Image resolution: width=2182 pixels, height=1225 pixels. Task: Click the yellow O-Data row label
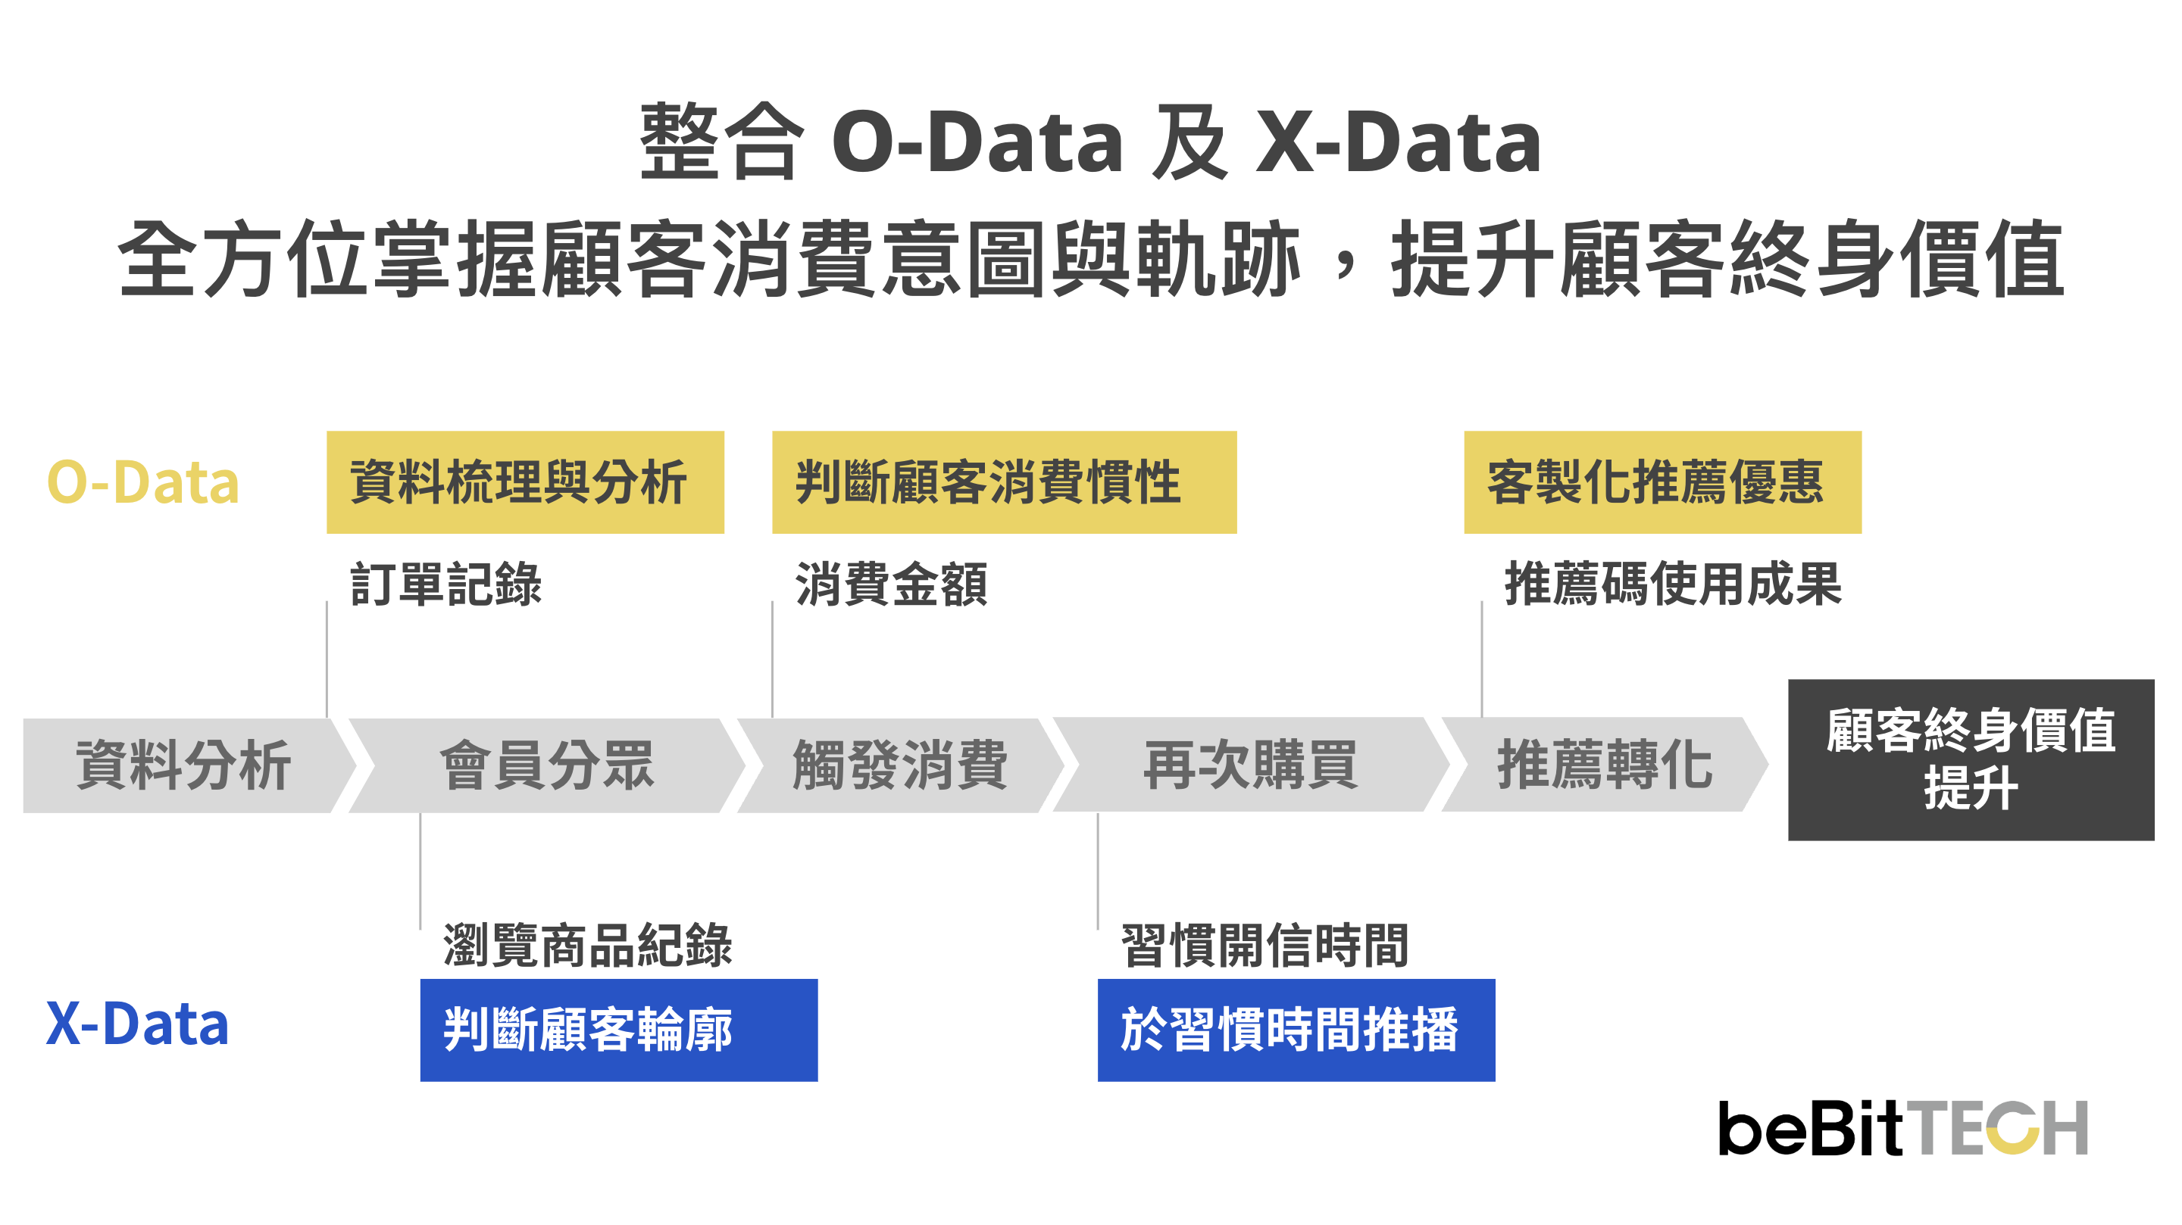tap(143, 482)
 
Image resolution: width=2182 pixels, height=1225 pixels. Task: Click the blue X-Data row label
tap(137, 1024)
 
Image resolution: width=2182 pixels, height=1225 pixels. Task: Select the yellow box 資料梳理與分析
tap(525, 482)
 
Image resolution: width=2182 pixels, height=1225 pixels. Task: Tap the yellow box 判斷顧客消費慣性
tap(1005, 482)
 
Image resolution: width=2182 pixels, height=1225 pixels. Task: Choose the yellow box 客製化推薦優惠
tap(1663, 482)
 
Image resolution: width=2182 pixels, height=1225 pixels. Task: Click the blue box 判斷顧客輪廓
tap(619, 1030)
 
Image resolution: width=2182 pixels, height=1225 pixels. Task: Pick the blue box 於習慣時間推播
tap(1297, 1030)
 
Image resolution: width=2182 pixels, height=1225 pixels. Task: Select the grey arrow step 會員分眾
tap(547, 765)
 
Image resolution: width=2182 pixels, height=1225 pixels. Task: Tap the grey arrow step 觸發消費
tap(900, 765)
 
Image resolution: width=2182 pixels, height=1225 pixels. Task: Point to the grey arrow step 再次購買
tap(1251, 765)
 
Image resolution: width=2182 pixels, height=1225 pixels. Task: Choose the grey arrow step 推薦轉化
tap(1605, 765)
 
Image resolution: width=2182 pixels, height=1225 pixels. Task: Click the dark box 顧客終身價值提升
tap(1971, 759)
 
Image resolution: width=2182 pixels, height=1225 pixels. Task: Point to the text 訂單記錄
tap(446, 584)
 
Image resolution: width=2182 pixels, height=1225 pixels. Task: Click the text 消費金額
tap(891, 584)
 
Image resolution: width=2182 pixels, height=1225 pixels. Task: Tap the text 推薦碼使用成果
tap(1673, 584)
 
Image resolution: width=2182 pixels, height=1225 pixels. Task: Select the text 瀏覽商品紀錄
tap(588, 945)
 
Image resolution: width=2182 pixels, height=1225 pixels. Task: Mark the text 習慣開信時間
tap(1264, 945)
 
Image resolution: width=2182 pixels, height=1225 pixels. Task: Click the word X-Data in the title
tap(1399, 142)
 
